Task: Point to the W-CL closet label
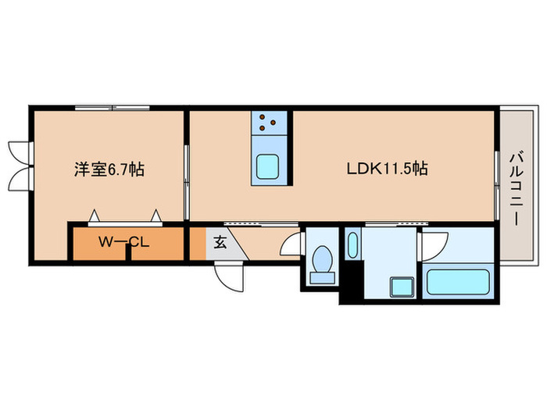pyautogui.click(x=123, y=241)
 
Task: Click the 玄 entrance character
pyautogui.click(x=220, y=242)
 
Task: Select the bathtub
pyautogui.click(x=457, y=280)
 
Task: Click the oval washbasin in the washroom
pyautogui.click(x=352, y=245)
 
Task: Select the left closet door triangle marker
pyautogui.click(x=95, y=213)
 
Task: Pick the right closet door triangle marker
pyautogui.click(x=156, y=213)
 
